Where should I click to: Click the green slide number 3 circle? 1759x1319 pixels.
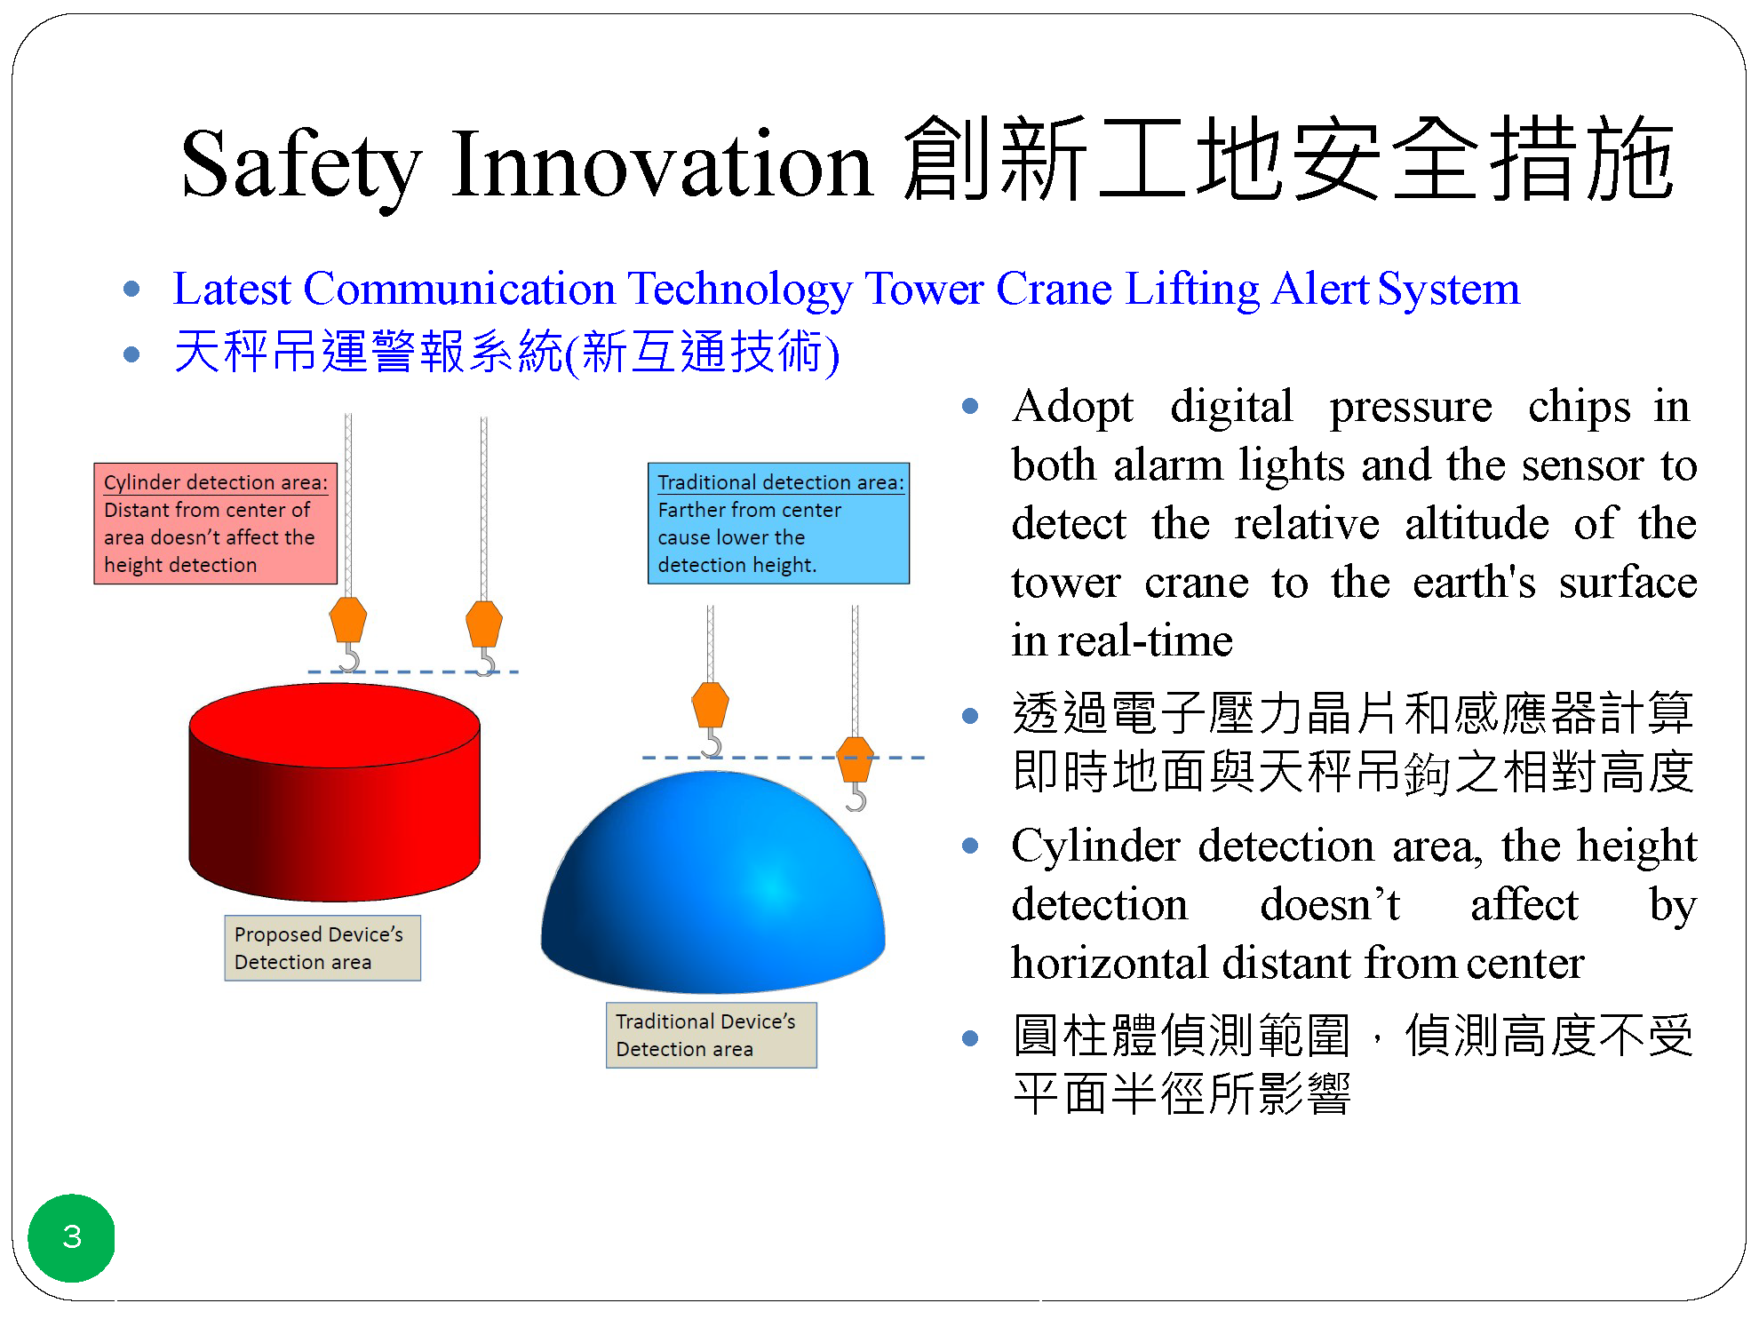(72, 1237)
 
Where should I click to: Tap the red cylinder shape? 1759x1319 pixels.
(335, 791)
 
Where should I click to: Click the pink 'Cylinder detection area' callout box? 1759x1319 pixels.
(216, 523)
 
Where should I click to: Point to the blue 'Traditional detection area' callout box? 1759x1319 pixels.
(778, 523)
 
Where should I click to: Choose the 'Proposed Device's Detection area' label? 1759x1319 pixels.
(322, 948)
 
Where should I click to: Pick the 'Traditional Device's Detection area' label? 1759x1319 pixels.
(711, 1035)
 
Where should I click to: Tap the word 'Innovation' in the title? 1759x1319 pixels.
(662, 163)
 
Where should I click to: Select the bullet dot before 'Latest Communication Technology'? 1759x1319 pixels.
(132, 289)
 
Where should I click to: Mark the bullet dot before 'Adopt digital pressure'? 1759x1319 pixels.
(970, 407)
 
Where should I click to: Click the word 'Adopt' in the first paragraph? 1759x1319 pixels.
(1072, 408)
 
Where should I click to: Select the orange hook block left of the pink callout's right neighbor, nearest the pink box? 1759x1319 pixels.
(348, 619)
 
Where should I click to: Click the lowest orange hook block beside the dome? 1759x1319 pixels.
(856, 759)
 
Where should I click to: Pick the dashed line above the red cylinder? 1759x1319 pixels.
(413, 671)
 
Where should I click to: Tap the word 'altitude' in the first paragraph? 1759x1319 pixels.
(1476, 523)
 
